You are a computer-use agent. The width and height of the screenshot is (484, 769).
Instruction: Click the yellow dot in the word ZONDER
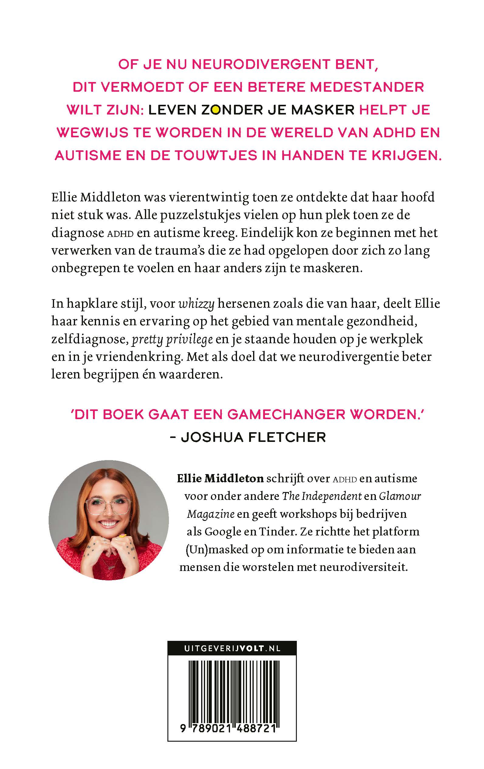coord(216,111)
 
